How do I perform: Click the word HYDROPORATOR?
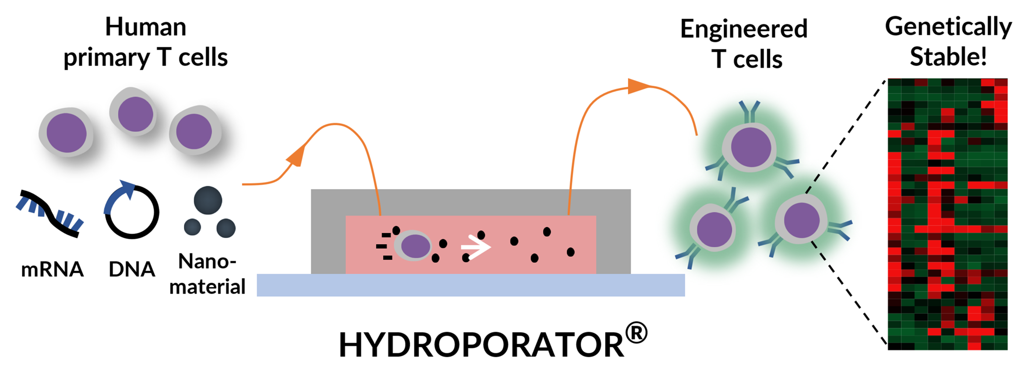click(x=481, y=345)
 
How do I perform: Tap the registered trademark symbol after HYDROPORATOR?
click(x=636, y=334)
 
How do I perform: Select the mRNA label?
click(x=52, y=270)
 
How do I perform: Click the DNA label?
click(x=132, y=270)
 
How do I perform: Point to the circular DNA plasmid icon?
click(x=132, y=210)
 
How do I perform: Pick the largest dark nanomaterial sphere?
click(x=208, y=200)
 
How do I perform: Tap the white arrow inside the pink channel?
click(x=475, y=247)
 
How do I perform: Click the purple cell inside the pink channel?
click(x=414, y=246)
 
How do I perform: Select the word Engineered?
click(x=743, y=29)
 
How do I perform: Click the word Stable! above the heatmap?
click(x=948, y=57)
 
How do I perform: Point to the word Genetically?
click(x=948, y=27)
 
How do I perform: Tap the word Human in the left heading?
click(x=146, y=27)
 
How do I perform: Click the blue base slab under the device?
click(x=471, y=285)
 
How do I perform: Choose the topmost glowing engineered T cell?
click(x=750, y=147)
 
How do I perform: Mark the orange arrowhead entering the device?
click(x=297, y=155)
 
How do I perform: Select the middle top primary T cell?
click(x=134, y=113)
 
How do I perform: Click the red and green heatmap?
click(x=948, y=214)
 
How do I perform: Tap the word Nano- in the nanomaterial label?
click(x=207, y=261)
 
